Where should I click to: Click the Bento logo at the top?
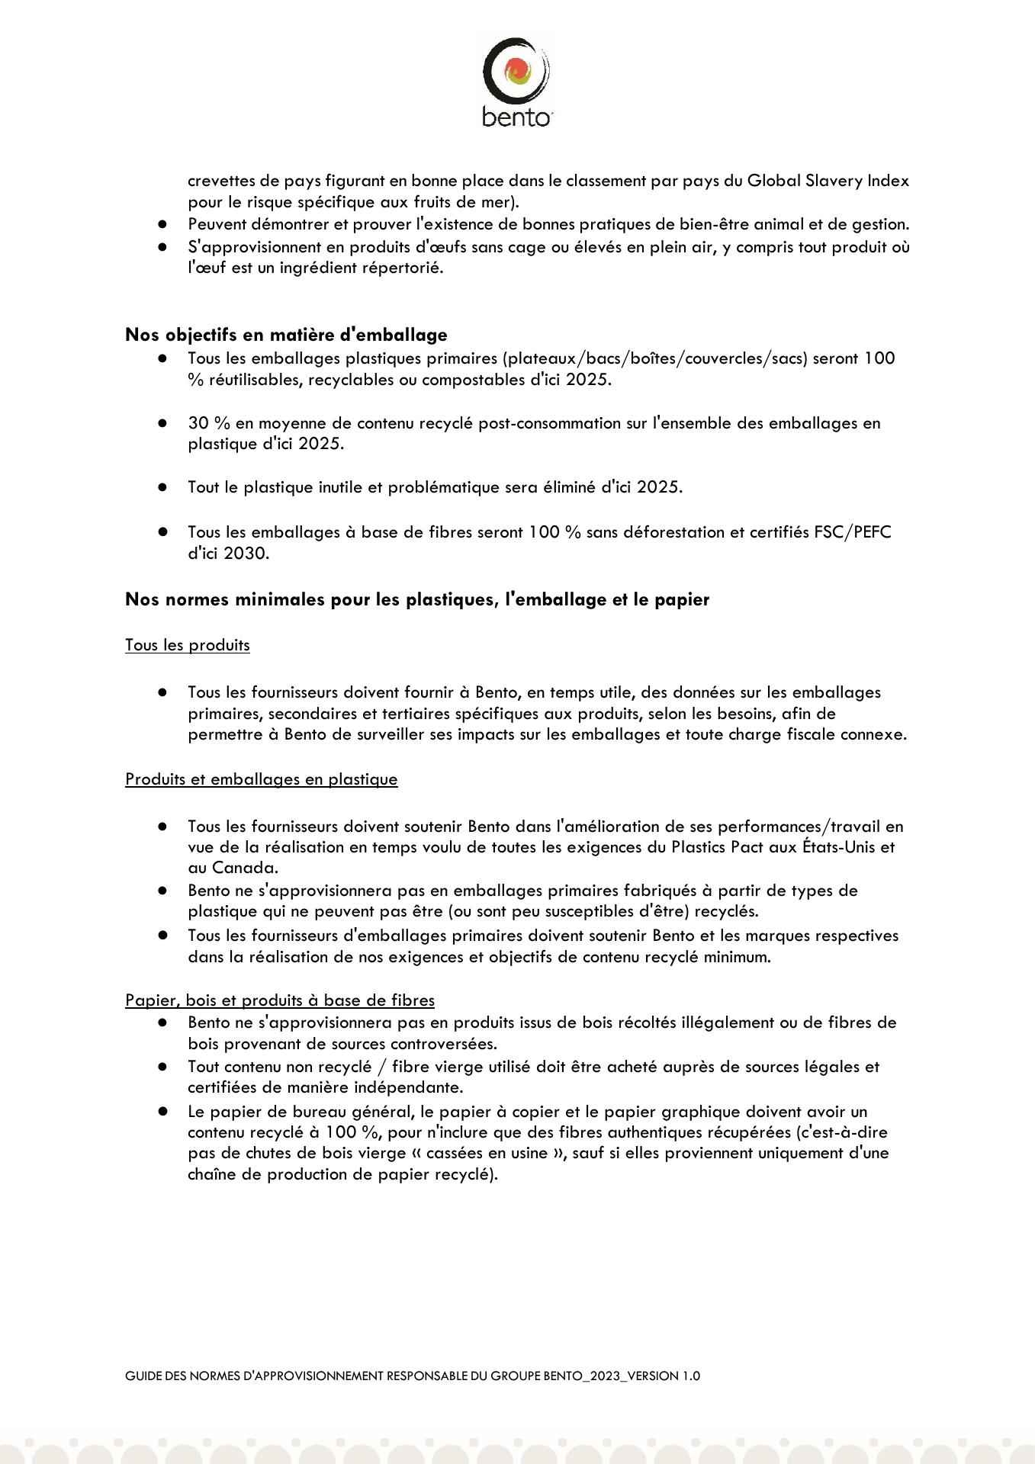point(516,81)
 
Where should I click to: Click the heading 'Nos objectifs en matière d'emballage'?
point(286,335)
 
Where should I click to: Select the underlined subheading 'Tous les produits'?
point(188,645)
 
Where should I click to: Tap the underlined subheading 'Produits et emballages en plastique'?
point(262,779)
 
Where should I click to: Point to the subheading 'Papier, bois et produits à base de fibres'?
point(280,1000)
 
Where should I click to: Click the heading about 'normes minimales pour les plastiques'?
point(416,599)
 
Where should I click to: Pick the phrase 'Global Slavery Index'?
point(828,181)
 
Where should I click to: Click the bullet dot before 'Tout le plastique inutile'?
point(162,487)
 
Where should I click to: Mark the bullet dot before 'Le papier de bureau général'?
point(162,1112)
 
